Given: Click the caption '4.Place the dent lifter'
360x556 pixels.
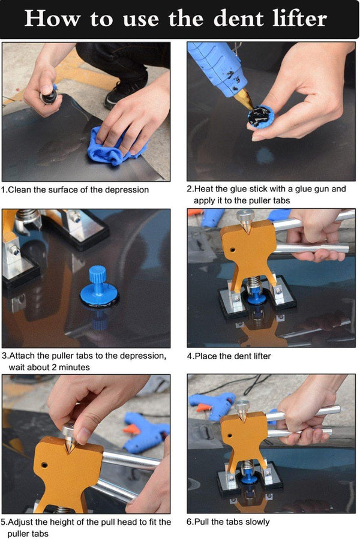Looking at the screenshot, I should click(229, 356).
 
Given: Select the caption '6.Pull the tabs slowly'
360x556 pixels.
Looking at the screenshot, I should click(228, 522).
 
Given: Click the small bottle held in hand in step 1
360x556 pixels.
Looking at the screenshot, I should click(47, 95).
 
